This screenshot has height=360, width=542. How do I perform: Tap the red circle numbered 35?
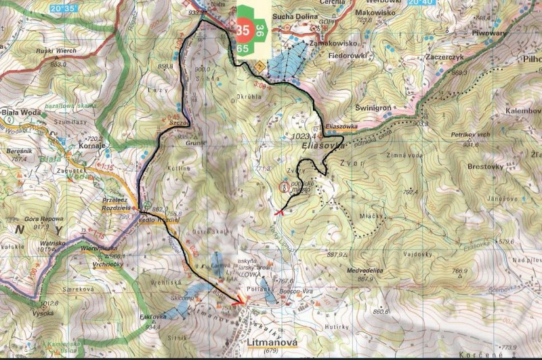(243, 30)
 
